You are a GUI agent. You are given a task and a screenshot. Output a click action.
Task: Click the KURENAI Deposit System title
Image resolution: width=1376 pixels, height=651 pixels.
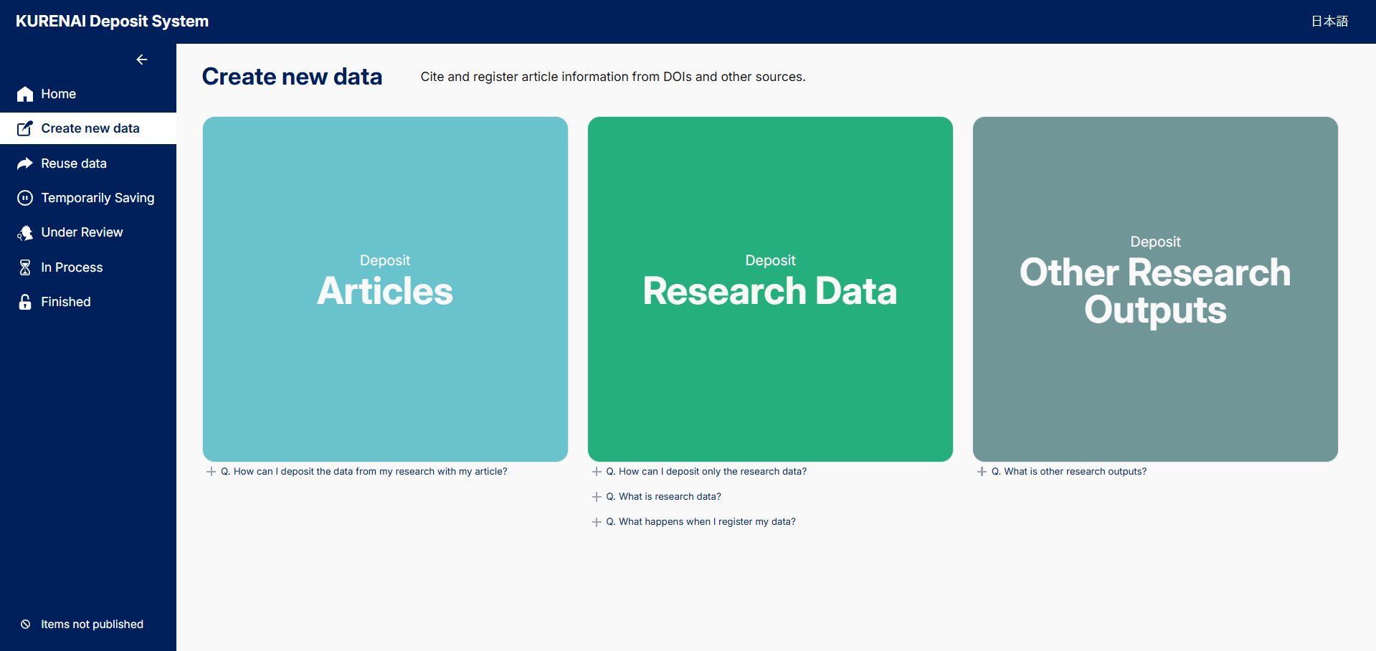pos(112,22)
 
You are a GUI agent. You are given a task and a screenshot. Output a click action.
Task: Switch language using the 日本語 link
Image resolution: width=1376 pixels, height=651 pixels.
pos(1329,22)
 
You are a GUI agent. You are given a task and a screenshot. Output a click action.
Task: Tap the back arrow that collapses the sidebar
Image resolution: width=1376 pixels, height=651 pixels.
pos(142,60)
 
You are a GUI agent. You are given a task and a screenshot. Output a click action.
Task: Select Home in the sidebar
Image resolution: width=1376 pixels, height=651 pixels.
pos(58,94)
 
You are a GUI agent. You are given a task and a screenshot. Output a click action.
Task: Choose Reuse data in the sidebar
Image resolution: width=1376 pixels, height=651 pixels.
pos(74,163)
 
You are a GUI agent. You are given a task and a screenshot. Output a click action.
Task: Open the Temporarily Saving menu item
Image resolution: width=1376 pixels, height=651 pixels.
pos(98,198)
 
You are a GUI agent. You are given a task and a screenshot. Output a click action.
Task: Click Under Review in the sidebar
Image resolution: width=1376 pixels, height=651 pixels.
pos(82,232)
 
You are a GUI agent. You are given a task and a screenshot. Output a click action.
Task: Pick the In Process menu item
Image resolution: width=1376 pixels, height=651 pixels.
pos(72,267)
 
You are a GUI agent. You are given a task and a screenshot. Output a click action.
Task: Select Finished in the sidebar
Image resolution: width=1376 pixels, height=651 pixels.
pos(66,302)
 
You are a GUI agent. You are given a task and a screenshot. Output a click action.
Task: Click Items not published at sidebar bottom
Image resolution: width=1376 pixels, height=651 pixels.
pos(92,624)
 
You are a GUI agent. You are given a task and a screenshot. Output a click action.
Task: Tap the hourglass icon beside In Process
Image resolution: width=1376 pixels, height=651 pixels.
pos(25,267)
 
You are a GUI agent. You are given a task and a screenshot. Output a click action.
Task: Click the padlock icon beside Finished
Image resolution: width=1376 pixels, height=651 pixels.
pos(25,302)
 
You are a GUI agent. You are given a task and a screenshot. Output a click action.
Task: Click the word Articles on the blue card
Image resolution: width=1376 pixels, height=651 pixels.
pos(385,291)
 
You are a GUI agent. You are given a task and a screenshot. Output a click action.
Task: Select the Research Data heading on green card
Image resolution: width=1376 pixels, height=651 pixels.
pos(770,291)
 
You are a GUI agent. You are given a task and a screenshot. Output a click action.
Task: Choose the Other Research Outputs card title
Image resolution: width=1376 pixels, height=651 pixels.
pos(1155,291)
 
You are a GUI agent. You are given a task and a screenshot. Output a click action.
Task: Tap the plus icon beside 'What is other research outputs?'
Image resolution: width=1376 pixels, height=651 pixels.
pos(982,472)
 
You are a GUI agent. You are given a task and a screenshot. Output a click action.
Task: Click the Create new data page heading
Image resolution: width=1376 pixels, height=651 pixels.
pos(292,77)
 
